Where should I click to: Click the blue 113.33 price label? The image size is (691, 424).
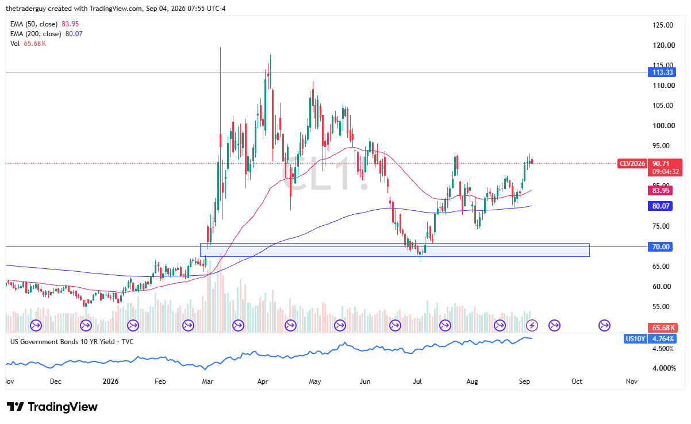click(662, 72)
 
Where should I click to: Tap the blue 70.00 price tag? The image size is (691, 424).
click(660, 246)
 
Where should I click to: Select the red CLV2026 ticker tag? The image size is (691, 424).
click(632, 163)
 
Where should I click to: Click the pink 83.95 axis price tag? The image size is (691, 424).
click(660, 191)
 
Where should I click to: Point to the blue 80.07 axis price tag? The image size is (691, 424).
click(660, 206)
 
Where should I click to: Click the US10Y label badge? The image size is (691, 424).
click(635, 339)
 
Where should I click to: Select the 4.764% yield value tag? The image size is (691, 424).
click(663, 339)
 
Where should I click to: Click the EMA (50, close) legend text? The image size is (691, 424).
click(34, 24)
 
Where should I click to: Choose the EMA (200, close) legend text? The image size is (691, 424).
click(36, 34)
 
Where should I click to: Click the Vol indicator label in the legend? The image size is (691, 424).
click(15, 44)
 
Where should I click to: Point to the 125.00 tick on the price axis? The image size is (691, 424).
click(663, 25)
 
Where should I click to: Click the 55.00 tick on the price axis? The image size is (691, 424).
click(662, 307)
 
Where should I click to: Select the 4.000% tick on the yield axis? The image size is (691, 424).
click(663, 368)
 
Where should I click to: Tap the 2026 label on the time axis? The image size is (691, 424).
click(110, 381)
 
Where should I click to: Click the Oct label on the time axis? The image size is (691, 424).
click(577, 381)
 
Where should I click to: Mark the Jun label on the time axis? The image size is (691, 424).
click(365, 381)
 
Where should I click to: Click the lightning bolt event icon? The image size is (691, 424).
click(532, 325)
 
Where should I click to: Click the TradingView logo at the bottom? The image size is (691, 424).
click(52, 407)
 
